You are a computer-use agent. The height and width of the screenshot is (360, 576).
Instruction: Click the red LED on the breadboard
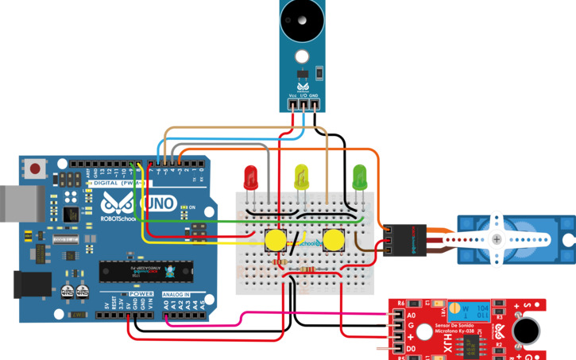(250, 176)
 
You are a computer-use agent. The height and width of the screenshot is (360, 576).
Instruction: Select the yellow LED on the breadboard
(301, 176)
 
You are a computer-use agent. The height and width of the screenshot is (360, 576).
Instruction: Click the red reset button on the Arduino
(36, 168)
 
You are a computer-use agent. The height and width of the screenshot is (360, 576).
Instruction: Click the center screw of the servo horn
(497, 239)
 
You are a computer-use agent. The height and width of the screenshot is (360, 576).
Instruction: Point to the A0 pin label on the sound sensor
(410, 315)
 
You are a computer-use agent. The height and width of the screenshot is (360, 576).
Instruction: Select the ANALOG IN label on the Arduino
(176, 294)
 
